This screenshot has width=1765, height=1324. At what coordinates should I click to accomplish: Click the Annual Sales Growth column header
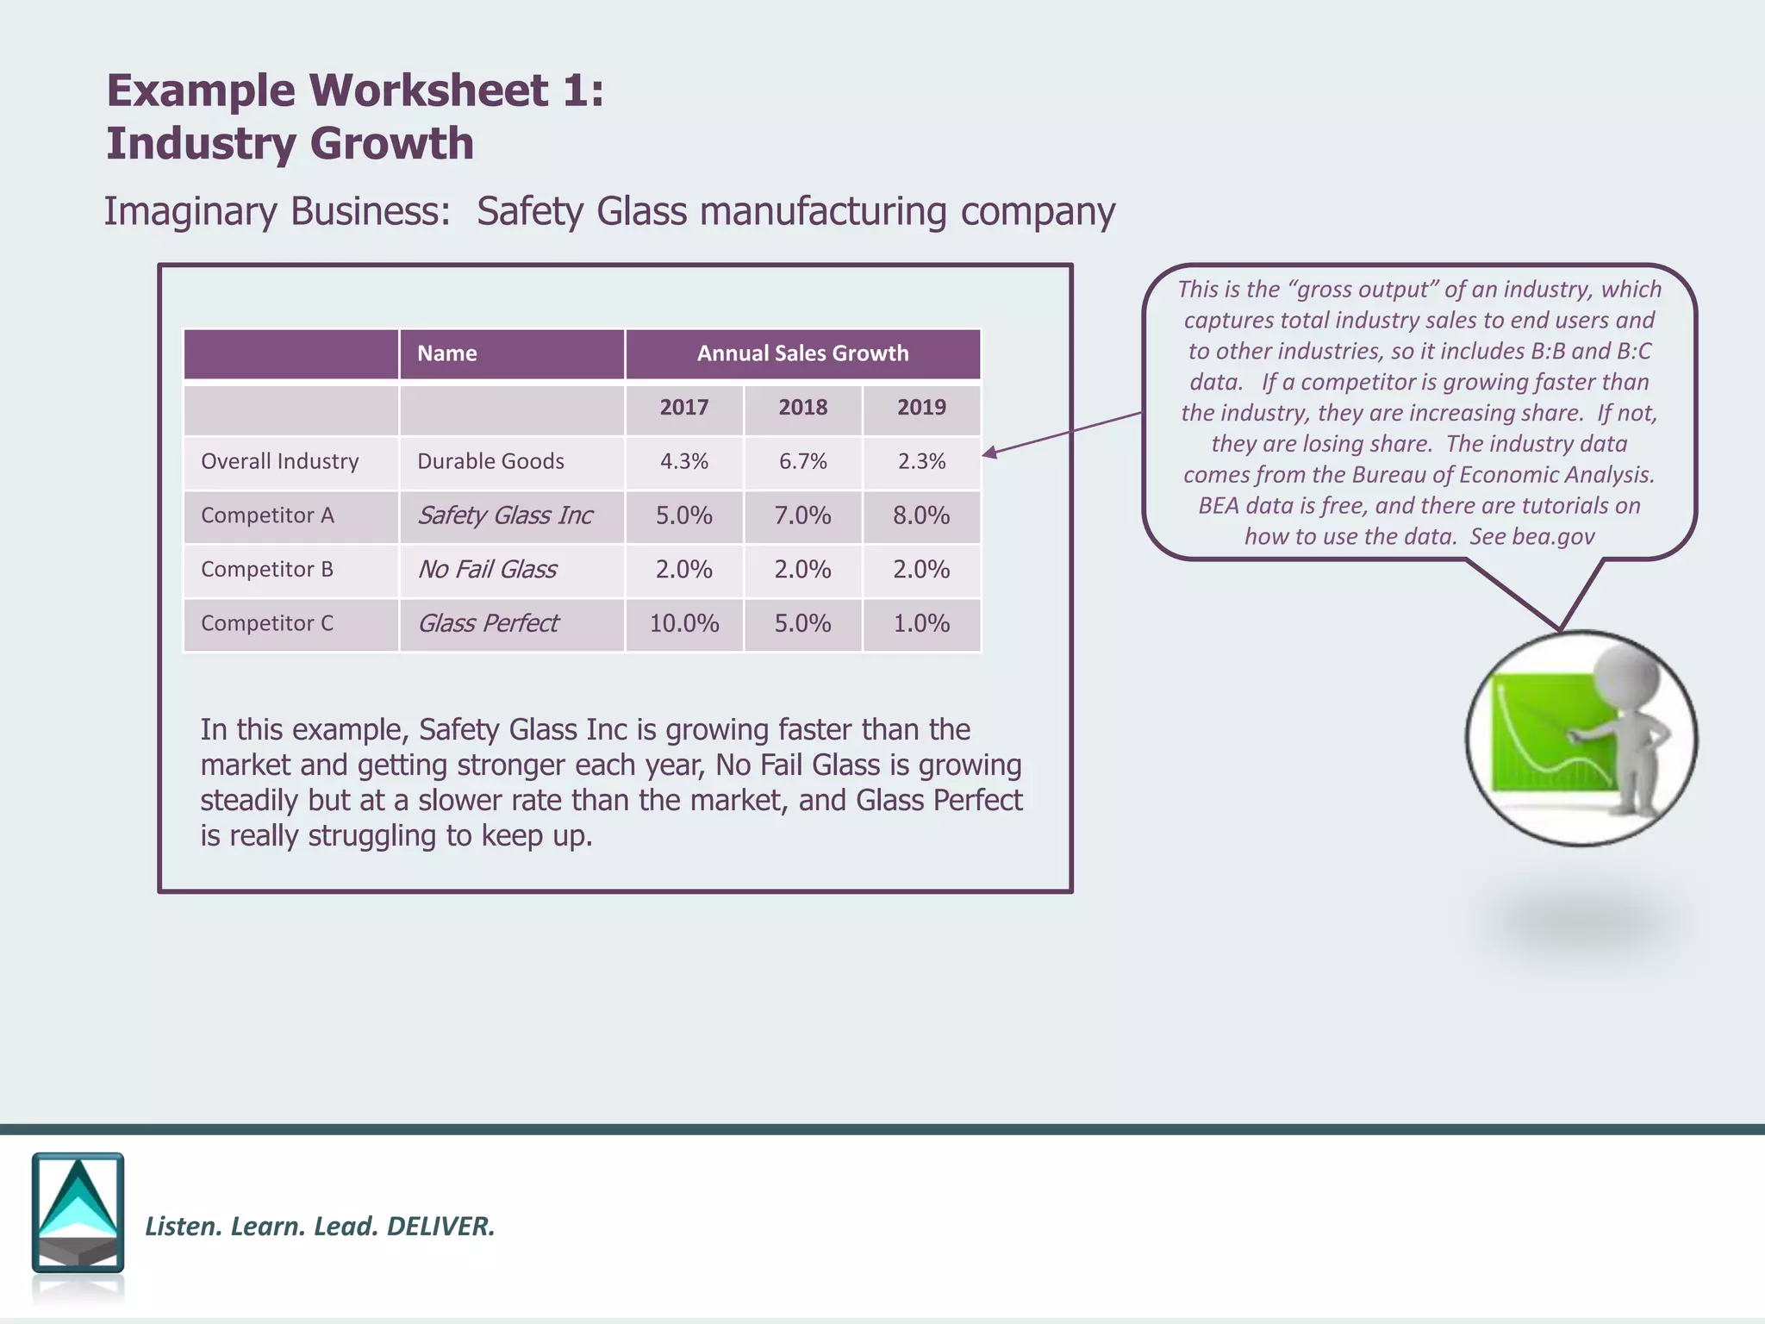pyautogui.click(x=802, y=353)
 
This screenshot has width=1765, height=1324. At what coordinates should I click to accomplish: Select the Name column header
pyautogui.click(x=446, y=353)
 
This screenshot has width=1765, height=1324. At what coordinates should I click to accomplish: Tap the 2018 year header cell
pyautogui.click(x=802, y=408)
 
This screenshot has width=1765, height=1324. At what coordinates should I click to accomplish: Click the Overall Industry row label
pyautogui.click(x=279, y=461)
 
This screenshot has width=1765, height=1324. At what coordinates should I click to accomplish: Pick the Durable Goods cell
pyautogui.click(x=490, y=461)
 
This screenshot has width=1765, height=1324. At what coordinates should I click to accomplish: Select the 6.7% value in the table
pyautogui.click(x=802, y=461)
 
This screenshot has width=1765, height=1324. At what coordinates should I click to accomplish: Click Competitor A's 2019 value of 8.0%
pyautogui.click(x=921, y=515)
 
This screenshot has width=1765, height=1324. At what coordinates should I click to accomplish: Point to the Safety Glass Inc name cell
pyautogui.click(x=505, y=515)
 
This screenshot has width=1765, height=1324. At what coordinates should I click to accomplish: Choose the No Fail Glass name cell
pyautogui.click(x=487, y=570)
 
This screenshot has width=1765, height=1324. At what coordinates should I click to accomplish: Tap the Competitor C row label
pyautogui.click(x=266, y=623)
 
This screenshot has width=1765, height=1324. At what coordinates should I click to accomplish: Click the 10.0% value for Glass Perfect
pyautogui.click(x=684, y=623)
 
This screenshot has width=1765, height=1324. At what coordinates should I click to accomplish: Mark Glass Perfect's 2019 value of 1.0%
pyautogui.click(x=921, y=623)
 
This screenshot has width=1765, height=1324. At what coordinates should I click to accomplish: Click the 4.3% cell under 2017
pyautogui.click(x=684, y=461)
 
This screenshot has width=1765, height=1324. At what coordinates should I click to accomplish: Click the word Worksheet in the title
pyautogui.click(x=428, y=91)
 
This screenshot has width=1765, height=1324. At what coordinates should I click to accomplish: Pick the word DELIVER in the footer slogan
pyautogui.click(x=440, y=1226)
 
